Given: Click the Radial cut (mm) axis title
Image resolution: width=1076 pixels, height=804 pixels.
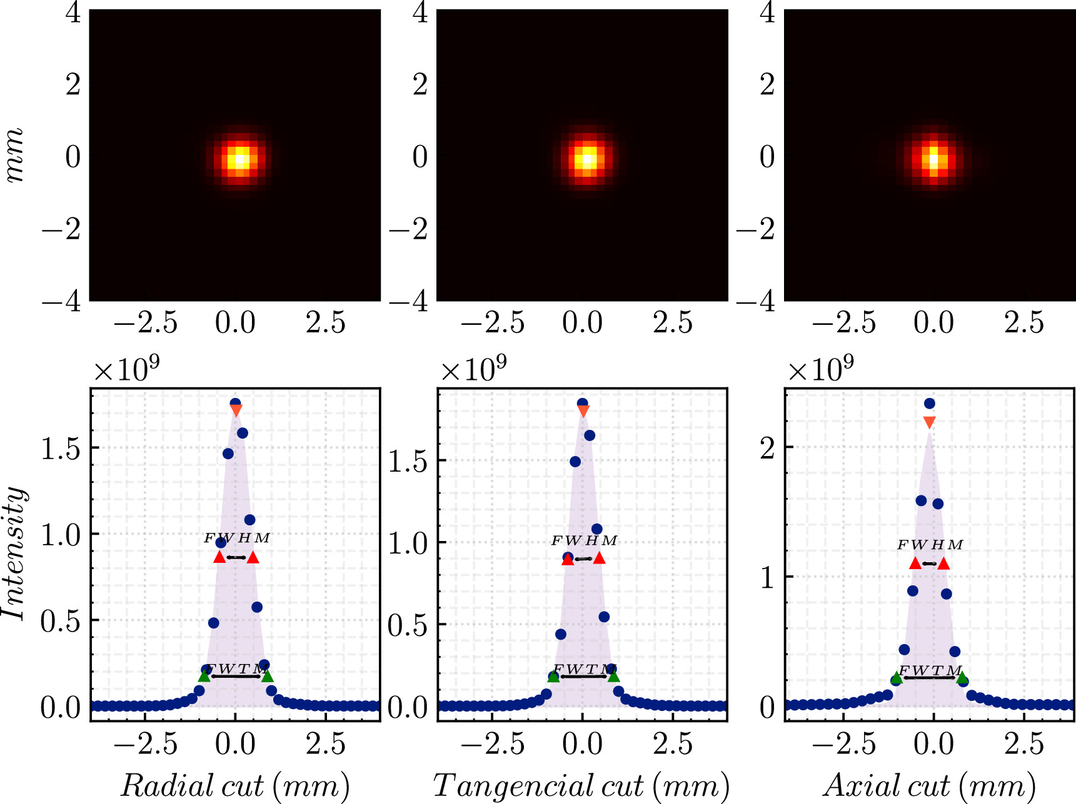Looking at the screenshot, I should point(234,785).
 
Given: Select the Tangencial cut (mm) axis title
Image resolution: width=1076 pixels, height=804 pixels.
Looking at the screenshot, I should point(581,785).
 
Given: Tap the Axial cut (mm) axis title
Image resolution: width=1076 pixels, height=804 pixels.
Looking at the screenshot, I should point(930,785).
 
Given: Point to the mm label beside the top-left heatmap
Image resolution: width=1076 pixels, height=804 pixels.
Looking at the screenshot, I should point(14,156).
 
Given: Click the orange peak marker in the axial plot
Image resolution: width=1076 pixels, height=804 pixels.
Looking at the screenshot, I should point(929,423).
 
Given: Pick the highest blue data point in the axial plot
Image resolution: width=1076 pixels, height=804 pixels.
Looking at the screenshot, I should point(929,404).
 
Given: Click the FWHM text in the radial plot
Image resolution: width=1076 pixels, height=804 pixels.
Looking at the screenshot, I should point(236,538).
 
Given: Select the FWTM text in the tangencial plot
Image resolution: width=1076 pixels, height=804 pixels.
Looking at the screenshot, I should point(584,670).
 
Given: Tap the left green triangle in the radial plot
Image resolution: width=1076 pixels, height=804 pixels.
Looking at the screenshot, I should point(204,676).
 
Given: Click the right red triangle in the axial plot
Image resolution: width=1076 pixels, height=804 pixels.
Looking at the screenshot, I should point(943,564).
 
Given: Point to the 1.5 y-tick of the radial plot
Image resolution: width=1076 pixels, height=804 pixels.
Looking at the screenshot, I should point(61,449).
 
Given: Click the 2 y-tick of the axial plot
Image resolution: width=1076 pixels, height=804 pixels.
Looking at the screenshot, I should point(768,447).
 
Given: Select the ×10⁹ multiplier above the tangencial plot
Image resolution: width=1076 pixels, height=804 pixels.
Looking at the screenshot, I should point(473,370).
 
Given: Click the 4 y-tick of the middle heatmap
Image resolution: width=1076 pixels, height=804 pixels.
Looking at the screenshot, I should point(420,12).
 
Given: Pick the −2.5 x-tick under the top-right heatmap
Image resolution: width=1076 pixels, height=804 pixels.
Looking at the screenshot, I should point(843,323).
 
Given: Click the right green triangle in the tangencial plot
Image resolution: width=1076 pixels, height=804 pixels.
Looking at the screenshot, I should point(613,676).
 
